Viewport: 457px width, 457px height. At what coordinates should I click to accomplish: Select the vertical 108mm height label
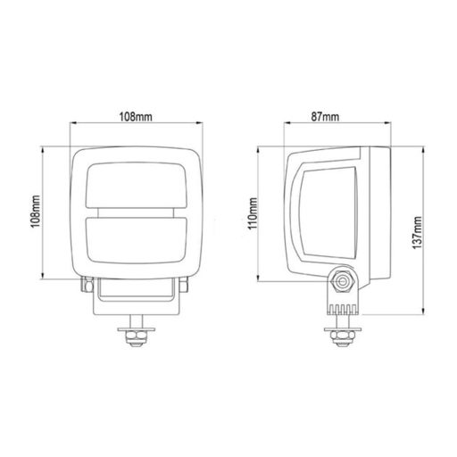point(35,213)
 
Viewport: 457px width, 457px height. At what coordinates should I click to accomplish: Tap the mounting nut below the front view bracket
point(137,337)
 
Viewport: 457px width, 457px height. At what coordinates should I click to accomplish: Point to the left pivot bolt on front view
point(86,283)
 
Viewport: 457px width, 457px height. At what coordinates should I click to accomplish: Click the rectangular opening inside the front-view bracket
point(137,290)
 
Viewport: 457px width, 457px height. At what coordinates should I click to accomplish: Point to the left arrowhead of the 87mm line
point(286,125)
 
